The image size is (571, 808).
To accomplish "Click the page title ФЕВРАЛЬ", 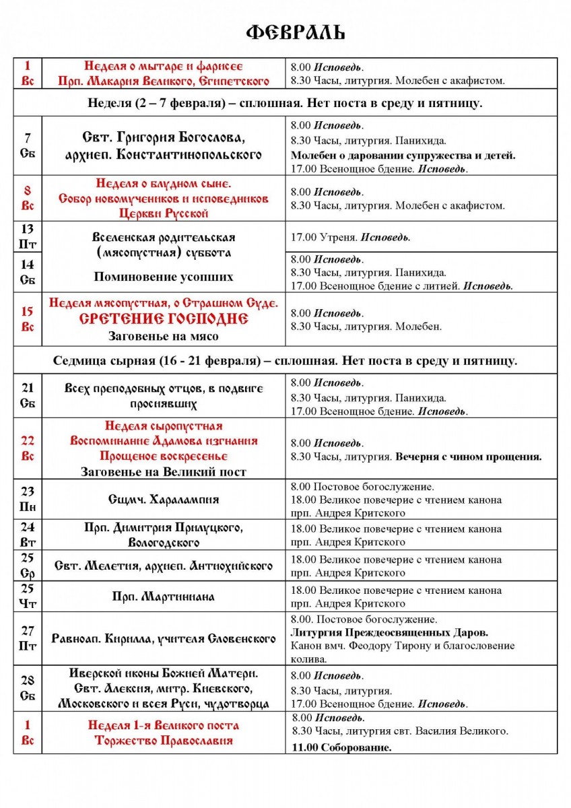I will click(295, 33).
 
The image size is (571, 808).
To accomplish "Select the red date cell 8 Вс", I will click(28, 199).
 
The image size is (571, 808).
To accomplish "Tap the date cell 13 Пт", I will click(28, 236).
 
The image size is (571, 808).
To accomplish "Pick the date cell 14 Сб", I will click(28, 272).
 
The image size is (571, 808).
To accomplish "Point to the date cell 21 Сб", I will click(28, 395).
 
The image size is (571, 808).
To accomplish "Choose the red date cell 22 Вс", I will click(28, 448).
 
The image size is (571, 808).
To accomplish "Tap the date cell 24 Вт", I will click(28, 535).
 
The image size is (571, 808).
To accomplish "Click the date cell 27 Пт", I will click(28, 638).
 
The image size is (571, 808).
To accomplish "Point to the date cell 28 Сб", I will click(28, 687).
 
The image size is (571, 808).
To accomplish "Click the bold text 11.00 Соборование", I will click(342, 747).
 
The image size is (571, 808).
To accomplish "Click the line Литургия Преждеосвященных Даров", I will click(390, 632).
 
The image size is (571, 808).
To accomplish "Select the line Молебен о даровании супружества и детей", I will click(403, 155).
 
